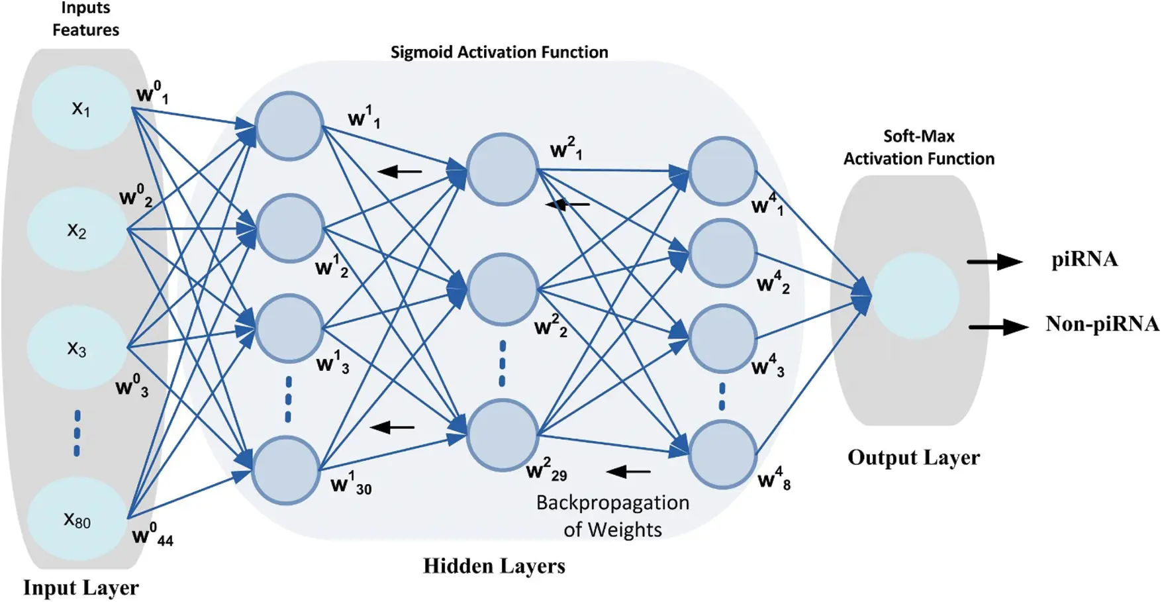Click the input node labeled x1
click(x=81, y=108)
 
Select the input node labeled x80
click(x=77, y=520)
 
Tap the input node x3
click(x=77, y=348)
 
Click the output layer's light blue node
click(x=916, y=295)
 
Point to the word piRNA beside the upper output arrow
click(x=1084, y=259)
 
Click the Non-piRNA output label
click(x=1102, y=324)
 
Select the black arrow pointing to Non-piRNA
click(x=998, y=326)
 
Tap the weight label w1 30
click(x=351, y=483)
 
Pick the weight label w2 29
click(x=546, y=470)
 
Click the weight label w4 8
click(x=774, y=478)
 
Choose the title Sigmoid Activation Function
click(x=499, y=52)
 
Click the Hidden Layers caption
click(x=494, y=566)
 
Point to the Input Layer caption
click(x=81, y=588)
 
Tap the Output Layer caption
click(x=913, y=458)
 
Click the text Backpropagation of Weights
click(x=612, y=517)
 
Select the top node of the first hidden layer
click(x=289, y=126)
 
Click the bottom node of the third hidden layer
click(x=722, y=456)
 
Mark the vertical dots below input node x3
click(x=77, y=433)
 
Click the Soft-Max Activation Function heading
click(x=918, y=148)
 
